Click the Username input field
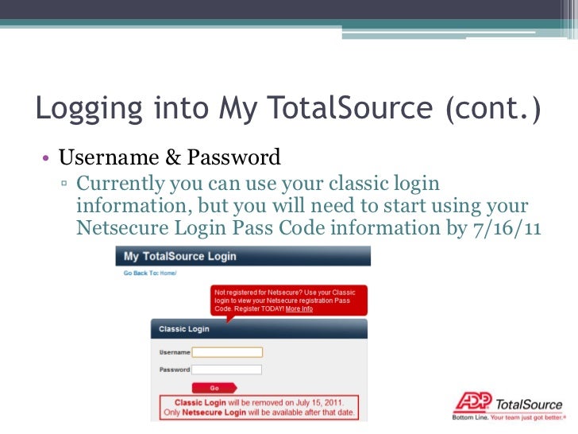[x=227, y=352]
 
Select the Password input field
[x=227, y=370]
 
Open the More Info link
[x=299, y=308]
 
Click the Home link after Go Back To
[x=168, y=273]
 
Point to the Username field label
[x=175, y=352]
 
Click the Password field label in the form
[x=175, y=370]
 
